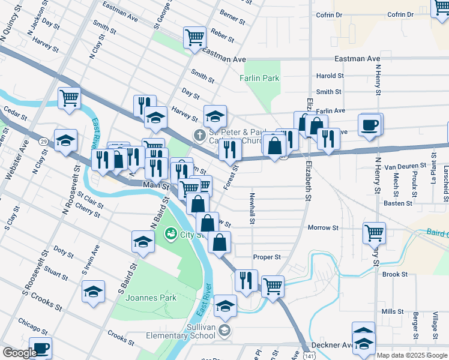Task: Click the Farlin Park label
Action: click(x=259, y=78)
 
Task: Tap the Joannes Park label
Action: click(x=142, y=298)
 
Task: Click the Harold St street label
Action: click(x=330, y=76)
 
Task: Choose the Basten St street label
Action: click(x=398, y=203)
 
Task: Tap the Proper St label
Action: click(x=267, y=257)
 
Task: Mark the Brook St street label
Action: click(x=395, y=274)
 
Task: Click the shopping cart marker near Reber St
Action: click(x=195, y=37)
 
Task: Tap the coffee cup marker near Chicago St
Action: click(x=40, y=348)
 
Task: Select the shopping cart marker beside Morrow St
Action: click(x=374, y=232)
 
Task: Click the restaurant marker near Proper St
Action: click(x=246, y=280)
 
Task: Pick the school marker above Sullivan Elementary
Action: click(x=225, y=306)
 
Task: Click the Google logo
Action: click(x=20, y=352)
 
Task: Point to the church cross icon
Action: click(x=199, y=135)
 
